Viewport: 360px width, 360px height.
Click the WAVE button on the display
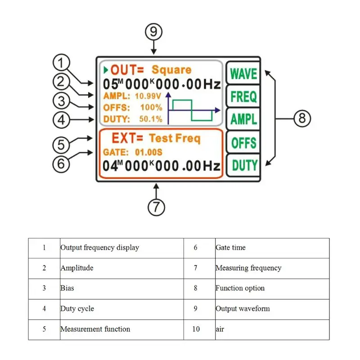click(243, 73)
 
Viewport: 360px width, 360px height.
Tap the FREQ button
click(243, 96)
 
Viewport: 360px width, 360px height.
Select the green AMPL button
click(243, 119)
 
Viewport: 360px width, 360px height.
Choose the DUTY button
click(243, 165)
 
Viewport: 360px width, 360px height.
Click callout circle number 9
click(153, 31)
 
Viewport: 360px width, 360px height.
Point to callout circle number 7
click(156, 207)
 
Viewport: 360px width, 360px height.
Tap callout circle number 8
click(302, 118)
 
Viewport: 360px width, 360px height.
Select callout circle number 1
click(61, 63)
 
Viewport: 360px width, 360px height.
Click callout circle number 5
click(61, 145)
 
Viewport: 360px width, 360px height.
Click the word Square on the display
click(171, 70)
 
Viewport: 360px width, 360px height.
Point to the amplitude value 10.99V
click(148, 96)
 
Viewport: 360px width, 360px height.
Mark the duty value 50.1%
click(151, 119)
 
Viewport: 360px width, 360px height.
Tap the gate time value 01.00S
click(148, 152)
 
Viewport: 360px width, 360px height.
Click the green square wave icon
click(192, 110)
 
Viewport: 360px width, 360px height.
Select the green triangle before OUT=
click(106, 70)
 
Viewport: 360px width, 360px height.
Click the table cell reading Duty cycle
click(77, 309)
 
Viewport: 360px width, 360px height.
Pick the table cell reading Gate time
click(230, 247)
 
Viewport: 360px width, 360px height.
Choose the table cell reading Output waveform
click(243, 309)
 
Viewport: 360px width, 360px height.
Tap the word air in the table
click(220, 329)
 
